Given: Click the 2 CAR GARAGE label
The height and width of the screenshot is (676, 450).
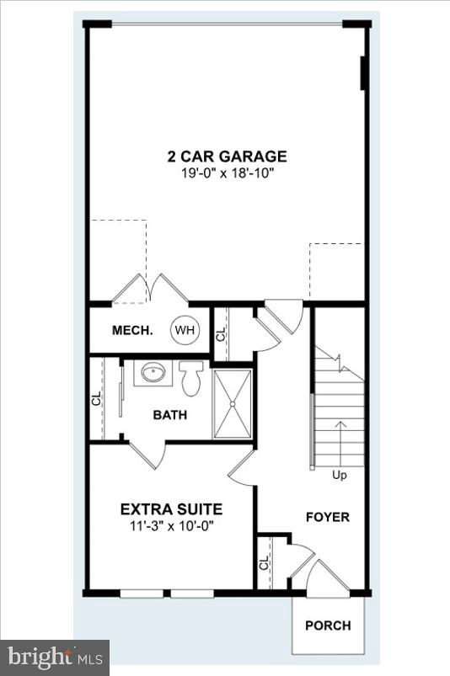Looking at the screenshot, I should tap(227, 156).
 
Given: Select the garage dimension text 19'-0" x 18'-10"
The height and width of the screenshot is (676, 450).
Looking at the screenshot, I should tap(227, 173).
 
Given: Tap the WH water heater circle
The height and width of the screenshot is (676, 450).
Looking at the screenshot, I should tap(184, 330).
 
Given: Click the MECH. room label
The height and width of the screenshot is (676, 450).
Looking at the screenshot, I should tap(132, 330).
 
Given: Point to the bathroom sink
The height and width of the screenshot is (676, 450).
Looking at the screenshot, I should tap(153, 372).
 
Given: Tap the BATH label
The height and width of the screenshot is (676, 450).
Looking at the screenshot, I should tap(169, 415).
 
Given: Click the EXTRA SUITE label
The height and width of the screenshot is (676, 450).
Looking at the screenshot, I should tap(171, 509).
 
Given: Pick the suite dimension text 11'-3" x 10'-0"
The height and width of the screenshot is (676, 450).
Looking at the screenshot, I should tap(171, 525).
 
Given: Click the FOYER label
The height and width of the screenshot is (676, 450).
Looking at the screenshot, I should tap(327, 517).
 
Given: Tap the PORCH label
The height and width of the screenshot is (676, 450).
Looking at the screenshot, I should tap(328, 625).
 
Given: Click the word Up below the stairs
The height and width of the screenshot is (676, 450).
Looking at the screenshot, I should tap(340, 475).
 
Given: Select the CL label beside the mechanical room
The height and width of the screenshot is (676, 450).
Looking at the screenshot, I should tap(221, 333).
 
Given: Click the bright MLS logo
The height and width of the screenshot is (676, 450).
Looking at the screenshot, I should tap(55, 654).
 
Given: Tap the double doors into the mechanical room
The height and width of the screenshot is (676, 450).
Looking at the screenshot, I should tap(150, 289).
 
